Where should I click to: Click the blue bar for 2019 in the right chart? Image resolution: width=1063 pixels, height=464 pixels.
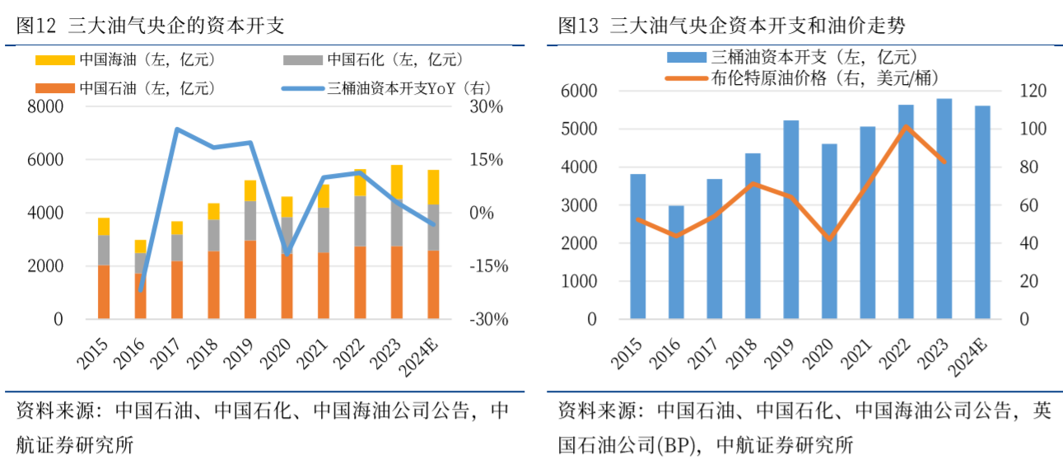790,219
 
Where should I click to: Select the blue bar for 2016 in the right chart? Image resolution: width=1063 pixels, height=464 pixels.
676,262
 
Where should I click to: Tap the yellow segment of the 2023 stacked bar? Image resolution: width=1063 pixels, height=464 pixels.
397,182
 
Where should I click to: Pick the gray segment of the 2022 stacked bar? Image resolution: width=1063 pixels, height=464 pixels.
359,221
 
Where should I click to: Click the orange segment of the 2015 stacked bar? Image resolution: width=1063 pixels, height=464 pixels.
104,292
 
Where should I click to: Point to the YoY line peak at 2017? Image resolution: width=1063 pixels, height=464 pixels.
177,129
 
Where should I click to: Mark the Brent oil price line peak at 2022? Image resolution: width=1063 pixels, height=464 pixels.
906,127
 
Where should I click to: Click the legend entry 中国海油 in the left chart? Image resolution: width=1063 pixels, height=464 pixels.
111,59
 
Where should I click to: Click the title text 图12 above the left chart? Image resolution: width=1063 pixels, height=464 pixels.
36,26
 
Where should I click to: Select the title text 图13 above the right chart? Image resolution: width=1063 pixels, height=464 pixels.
577,26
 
